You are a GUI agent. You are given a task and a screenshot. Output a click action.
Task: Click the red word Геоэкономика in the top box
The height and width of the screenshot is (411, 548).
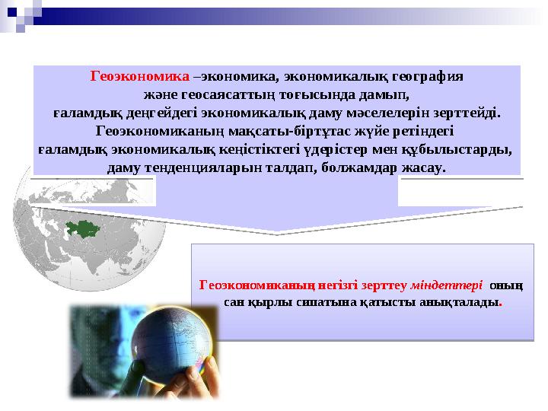[x=140, y=76]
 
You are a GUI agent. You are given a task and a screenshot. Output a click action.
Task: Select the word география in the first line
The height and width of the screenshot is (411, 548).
[x=426, y=76]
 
